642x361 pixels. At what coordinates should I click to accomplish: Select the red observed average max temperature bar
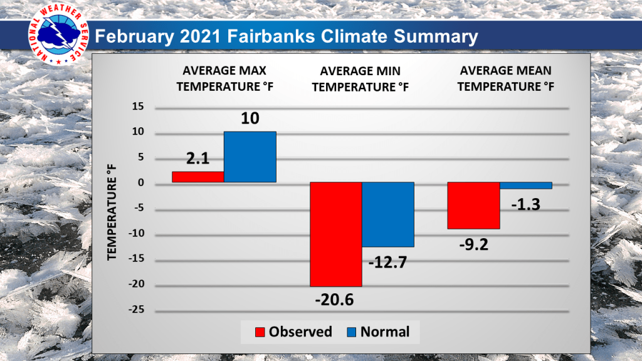197,177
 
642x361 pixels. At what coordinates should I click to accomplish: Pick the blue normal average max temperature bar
250,157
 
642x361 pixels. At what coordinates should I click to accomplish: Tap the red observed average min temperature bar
335,234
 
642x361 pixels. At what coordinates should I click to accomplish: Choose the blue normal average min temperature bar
387,214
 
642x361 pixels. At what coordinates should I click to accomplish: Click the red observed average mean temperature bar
473,206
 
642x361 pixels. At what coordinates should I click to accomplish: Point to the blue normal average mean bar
525,186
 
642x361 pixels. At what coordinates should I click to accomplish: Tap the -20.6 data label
334,300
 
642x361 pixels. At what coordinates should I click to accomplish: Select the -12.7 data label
388,261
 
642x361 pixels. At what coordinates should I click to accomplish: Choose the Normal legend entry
377,332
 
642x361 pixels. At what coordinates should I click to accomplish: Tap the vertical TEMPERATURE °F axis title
112,216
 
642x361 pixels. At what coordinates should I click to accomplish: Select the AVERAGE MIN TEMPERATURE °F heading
360,80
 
